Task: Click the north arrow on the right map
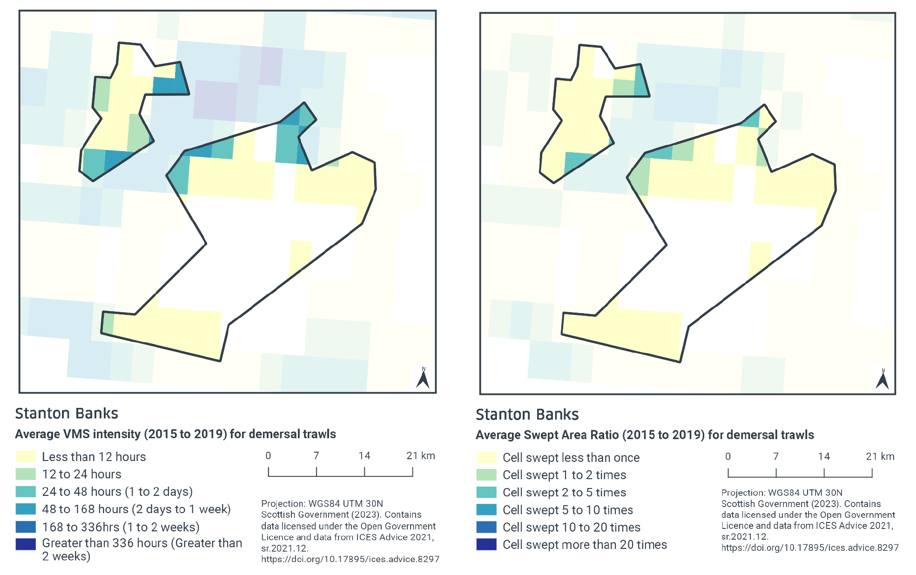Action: [x=882, y=380]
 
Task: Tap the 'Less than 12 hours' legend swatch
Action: [x=26, y=457]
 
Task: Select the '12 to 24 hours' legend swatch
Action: [x=26, y=474]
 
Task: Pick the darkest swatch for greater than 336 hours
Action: [x=26, y=544]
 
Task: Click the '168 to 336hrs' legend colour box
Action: [x=26, y=527]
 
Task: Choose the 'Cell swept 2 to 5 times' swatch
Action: [x=486, y=492]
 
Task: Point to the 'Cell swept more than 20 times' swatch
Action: [x=486, y=544]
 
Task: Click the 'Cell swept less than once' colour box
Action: [x=486, y=457]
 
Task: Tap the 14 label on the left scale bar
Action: [x=364, y=456]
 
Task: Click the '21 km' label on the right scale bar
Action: [x=880, y=456]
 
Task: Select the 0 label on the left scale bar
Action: [x=268, y=456]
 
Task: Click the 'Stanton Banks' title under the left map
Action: [x=67, y=414]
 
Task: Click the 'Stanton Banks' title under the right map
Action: [x=527, y=415]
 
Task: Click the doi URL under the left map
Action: [x=350, y=559]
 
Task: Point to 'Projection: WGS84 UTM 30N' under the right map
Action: [x=781, y=493]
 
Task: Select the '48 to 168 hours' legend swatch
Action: [x=26, y=509]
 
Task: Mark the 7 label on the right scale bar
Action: [x=776, y=456]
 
